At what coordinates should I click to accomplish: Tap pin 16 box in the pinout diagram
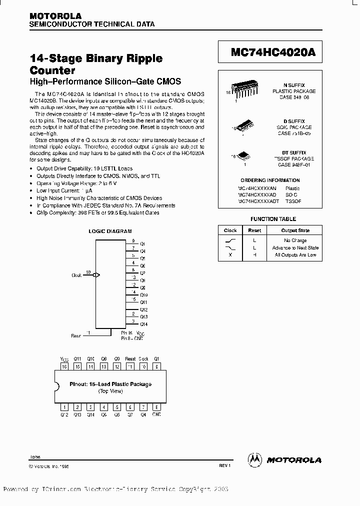click(64, 366)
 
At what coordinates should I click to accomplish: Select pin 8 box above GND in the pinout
click(156, 407)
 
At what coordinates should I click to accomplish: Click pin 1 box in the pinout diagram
click(64, 407)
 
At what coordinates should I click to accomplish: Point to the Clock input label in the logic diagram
click(76, 275)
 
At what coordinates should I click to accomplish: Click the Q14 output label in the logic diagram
click(143, 324)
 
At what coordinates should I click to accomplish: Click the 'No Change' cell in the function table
click(295, 240)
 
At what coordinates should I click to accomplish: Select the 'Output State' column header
click(295, 230)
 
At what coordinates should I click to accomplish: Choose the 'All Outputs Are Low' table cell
click(295, 255)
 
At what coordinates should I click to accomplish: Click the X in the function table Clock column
click(230, 255)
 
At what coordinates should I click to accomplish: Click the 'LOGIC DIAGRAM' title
click(110, 231)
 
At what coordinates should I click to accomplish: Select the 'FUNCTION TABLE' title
click(273, 219)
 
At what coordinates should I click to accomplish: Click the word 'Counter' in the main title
click(52, 70)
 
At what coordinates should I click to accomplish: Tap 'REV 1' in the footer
click(223, 465)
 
